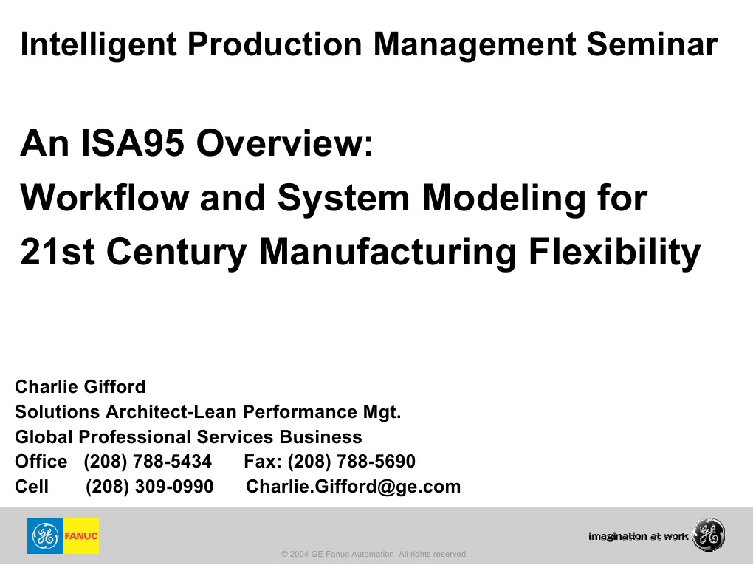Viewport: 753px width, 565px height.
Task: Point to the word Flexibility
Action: pyautogui.click(x=616, y=252)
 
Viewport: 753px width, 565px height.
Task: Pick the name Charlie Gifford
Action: pyautogui.click(x=80, y=386)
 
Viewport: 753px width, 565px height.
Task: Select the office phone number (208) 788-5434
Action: pyautogui.click(x=148, y=462)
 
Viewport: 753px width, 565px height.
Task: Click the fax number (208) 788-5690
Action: pyautogui.click(x=351, y=462)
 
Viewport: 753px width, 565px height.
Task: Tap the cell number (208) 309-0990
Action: pyautogui.click(x=150, y=487)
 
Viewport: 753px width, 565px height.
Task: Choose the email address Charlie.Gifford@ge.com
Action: pyautogui.click(x=353, y=487)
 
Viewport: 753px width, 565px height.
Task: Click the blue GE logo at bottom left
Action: pyautogui.click(x=46, y=535)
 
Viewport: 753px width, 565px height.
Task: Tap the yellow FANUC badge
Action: pyautogui.click(x=81, y=535)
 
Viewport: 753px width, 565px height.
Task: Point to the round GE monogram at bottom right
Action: pyautogui.click(x=709, y=535)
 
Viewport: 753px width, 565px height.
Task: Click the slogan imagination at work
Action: pyautogui.click(x=639, y=535)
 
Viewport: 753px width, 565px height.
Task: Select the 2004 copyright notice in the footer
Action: pyautogui.click(x=374, y=554)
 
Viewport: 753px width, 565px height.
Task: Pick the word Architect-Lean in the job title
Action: pyautogui.click(x=171, y=411)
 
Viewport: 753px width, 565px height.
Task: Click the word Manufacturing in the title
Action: pyautogui.click(x=388, y=252)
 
